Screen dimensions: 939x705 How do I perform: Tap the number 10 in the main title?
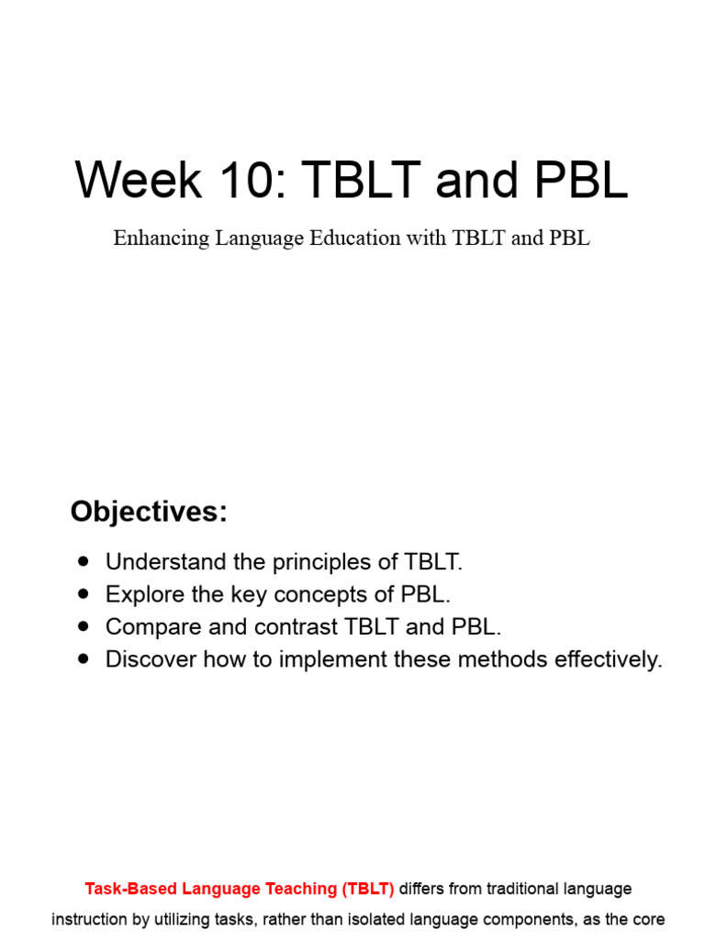pyautogui.click(x=249, y=180)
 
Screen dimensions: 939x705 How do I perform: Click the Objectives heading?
pyautogui.click(x=149, y=512)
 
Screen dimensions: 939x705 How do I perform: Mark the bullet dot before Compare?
pyautogui.click(x=84, y=626)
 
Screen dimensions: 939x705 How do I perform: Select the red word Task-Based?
pyautogui.click(x=131, y=889)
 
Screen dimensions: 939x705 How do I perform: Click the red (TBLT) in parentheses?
pyautogui.click(x=368, y=889)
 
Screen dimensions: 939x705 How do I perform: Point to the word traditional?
pyautogui.click(x=522, y=889)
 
